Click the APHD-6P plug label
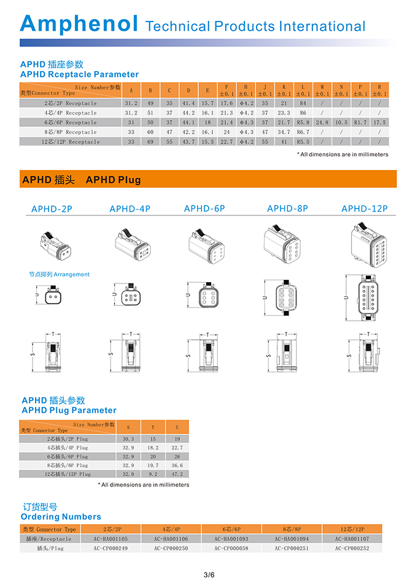pos(204,209)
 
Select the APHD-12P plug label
pos(365,209)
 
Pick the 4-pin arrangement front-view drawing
pos(130,297)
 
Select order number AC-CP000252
pos(353,548)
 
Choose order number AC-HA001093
pos(231,539)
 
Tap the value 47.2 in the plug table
pos(177,474)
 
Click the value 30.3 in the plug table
pos(128,439)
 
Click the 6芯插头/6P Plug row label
pos(68,456)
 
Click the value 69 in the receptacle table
pos(150,142)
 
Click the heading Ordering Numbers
pos(61,517)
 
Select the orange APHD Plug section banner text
pos(81,180)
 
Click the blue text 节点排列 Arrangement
pos(59,274)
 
